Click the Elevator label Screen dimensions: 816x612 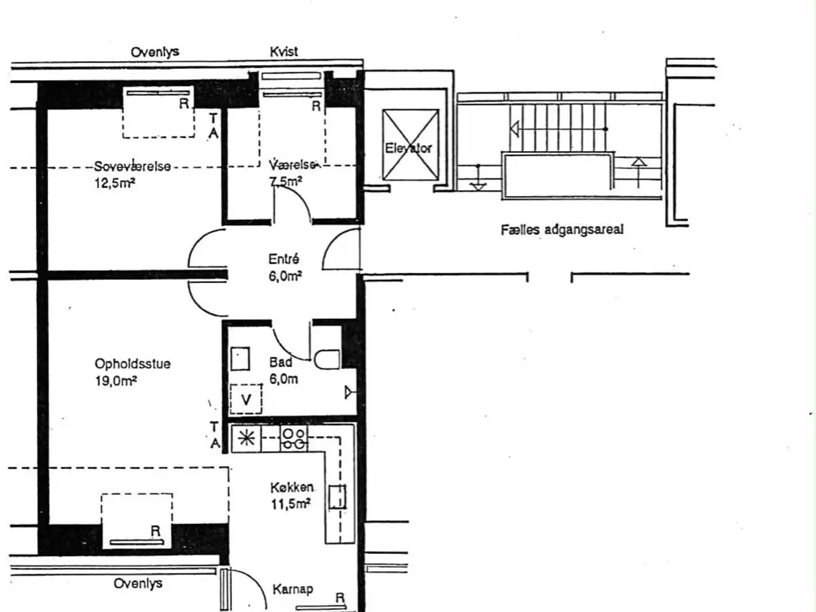[x=408, y=149]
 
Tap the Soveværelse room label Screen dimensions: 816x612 [x=133, y=166]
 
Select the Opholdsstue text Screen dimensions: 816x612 [x=133, y=363]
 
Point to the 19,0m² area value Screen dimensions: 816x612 [x=116, y=381]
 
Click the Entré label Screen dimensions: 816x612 [x=284, y=259]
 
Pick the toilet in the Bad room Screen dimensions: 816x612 [x=327, y=360]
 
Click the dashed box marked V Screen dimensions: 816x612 [x=245, y=398]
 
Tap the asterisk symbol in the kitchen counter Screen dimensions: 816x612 [x=247, y=439]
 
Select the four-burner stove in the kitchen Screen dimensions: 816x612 [x=294, y=439]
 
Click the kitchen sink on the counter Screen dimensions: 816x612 [x=337, y=497]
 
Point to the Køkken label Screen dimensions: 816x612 [x=292, y=487]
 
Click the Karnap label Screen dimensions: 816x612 [x=293, y=589]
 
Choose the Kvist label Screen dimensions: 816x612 [x=284, y=52]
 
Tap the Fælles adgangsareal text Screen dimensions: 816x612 [x=562, y=229]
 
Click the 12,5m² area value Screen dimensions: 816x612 [x=115, y=183]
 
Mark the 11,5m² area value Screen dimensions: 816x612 [x=291, y=504]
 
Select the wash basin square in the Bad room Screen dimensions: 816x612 [x=240, y=358]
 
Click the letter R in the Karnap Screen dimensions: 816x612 [x=340, y=598]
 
